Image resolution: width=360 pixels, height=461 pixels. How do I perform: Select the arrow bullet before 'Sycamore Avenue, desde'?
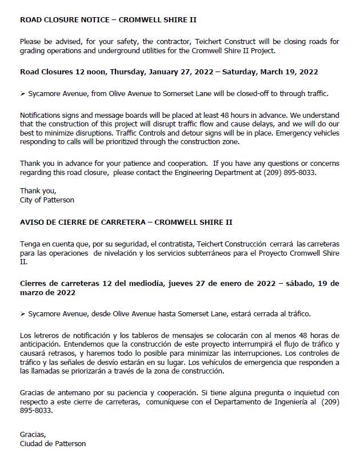(22, 314)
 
